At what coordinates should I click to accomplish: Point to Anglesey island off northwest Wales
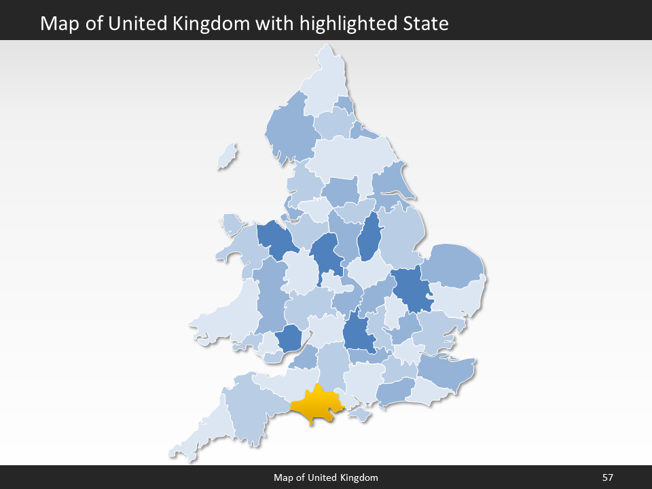231,223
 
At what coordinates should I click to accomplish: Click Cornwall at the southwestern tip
204,431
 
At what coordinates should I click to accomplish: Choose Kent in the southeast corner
445,370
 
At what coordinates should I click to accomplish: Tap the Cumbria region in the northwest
289,129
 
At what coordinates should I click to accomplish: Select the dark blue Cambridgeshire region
411,289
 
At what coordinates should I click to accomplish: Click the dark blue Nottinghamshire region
369,238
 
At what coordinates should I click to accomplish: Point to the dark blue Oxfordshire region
358,333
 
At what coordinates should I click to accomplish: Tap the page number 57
608,477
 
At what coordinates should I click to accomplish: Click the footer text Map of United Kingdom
326,477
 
